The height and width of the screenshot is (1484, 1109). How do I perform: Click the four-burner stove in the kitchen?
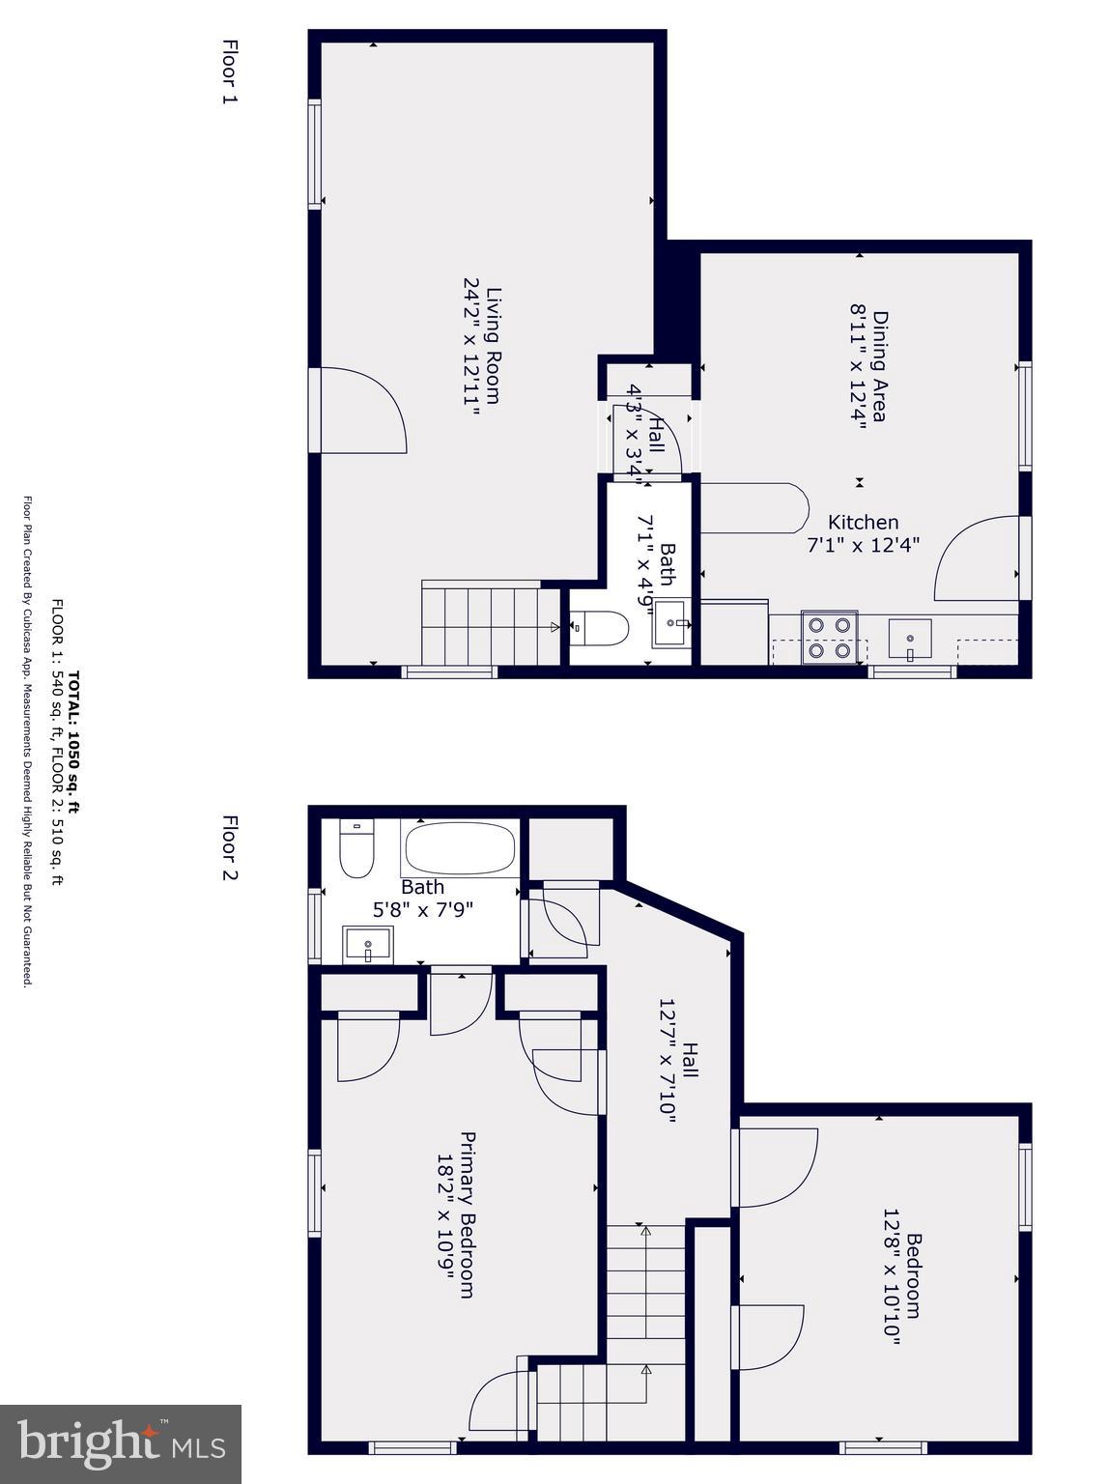click(830, 639)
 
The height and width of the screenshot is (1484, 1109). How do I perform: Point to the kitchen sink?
click(910, 639)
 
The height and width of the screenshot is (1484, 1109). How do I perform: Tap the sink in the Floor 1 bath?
click(671, 624)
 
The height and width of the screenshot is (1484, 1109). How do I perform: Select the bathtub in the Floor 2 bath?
click(460, 848)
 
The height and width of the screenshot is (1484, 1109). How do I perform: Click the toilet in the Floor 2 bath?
click(355, 848)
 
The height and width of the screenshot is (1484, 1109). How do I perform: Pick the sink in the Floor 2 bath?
click(368, 944)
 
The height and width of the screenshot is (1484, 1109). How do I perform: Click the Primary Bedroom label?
click(467, 1214)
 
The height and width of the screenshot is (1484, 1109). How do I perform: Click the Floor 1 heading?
click(229, 71)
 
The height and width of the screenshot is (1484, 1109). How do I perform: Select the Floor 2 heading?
click(229, 848)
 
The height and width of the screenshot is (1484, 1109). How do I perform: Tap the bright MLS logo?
click(121, 1443)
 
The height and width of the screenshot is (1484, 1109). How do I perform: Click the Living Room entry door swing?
click(362, 411)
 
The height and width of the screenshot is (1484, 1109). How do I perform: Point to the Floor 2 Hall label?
click(690, 1060)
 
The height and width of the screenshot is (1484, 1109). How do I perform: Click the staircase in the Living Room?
click(480, 623)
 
